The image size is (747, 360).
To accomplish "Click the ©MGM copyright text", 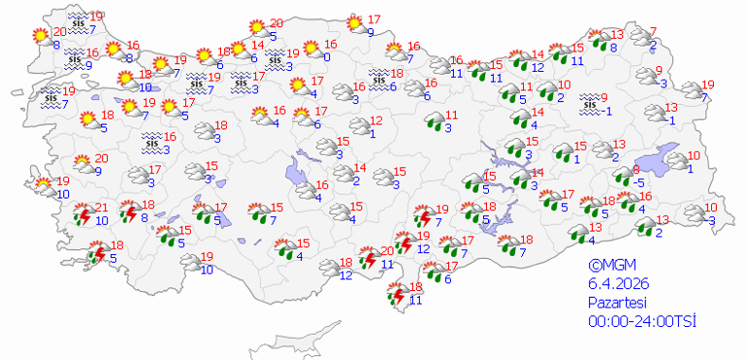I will pos(608,264).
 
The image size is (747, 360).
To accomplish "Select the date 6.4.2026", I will pos(618,282).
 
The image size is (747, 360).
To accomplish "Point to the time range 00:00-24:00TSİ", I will pos(641,321).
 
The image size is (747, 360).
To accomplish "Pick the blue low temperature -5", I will pos(639,181).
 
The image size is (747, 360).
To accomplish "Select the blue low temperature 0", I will pos(328,57).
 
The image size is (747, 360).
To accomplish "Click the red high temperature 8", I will pos(636,169).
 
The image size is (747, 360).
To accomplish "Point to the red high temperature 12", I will pos(377,121).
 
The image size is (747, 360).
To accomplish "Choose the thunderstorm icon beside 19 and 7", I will pos(424,215).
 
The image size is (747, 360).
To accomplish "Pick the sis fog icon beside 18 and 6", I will pos(381,79).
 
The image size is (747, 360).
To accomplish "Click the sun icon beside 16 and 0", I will pos(311,49).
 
